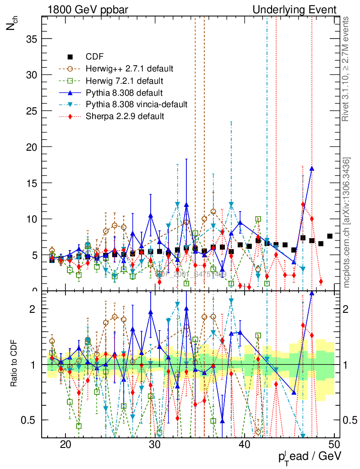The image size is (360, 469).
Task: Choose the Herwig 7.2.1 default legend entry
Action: pyautogui.click(x=124, y=81)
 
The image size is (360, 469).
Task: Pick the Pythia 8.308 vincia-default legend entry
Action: pyautogui.click(x=136, y=104)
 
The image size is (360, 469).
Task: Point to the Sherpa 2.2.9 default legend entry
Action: pyautogui.click(x=125, y=116)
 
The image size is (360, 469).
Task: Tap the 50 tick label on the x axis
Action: pyautogui.click(x=334, y=444)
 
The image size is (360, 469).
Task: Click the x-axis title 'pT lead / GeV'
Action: pyautogui.click(x=310, y=456)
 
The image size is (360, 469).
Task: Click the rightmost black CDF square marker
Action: pyautogui.click(x=330, y=236)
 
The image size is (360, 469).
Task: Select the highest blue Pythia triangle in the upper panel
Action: pyautogui.click(x=312, y=169)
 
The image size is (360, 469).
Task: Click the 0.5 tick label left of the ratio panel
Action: pyautogui.click(x=32, y=420)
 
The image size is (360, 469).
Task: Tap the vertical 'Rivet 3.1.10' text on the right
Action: pyautogui.click(x=346, y=69)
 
